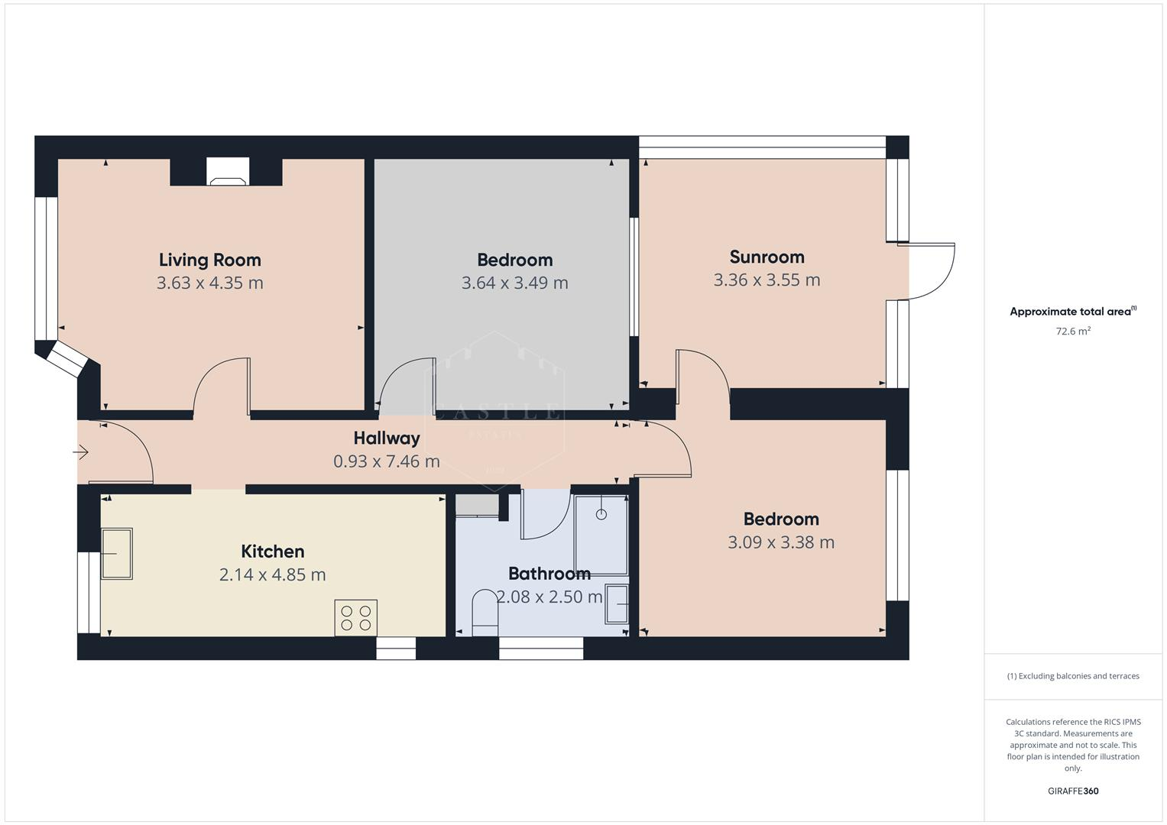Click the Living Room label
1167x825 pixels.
click(x=209, y=260)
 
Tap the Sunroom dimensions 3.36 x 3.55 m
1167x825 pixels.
click(x=767, y=280)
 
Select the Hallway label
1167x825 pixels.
click(x=387, y=438)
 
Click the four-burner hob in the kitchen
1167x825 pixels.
click(x=355, y=617)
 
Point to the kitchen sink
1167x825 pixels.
click(x=116, y=553)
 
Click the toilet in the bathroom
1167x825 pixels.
click(x=485, y=613)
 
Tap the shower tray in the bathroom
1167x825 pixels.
click(x=601, y=535)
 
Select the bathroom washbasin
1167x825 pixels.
click(x=616, y=605)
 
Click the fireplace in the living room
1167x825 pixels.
click(x=229, y=172)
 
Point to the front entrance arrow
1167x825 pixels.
click(x=81, y=453)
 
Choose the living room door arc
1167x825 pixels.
click(x=222, y=386)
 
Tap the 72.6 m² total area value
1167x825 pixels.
click(x=1073, y=332)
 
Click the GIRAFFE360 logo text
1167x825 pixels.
click(x=1073, y=791)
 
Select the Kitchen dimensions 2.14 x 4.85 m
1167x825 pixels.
click(x=272, y=574)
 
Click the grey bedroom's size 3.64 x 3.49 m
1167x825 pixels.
click(x=514, y=283)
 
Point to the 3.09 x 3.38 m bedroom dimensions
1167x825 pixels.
click(x=780, y=542)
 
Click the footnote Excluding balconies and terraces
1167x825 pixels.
click(x=1073, y=676)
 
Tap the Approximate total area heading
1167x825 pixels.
click(x=1071, y=312)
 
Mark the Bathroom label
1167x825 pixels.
click(x=549, y=573)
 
